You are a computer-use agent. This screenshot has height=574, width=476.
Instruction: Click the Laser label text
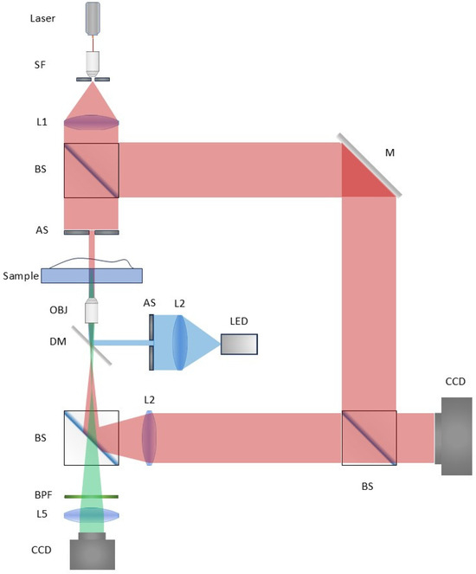point(42,18)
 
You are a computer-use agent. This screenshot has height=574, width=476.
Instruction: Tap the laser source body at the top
point(93,18)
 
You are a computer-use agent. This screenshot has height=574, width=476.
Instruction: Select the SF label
point(40,65)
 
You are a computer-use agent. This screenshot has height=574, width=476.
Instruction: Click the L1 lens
point(92,122)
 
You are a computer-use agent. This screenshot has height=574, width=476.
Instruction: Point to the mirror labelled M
point(370,165)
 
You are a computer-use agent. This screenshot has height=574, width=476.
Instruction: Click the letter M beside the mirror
point(389,152)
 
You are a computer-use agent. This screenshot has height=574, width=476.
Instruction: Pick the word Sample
point(21,275)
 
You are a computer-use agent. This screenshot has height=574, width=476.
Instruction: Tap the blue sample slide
point(92,275)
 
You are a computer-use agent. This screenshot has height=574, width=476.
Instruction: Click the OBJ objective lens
point(92,311)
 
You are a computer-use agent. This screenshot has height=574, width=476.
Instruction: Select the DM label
point(58,342)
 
